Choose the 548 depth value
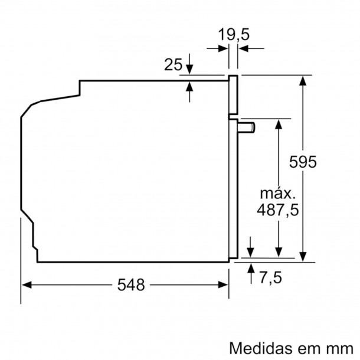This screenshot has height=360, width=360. (x=131, y=285)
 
